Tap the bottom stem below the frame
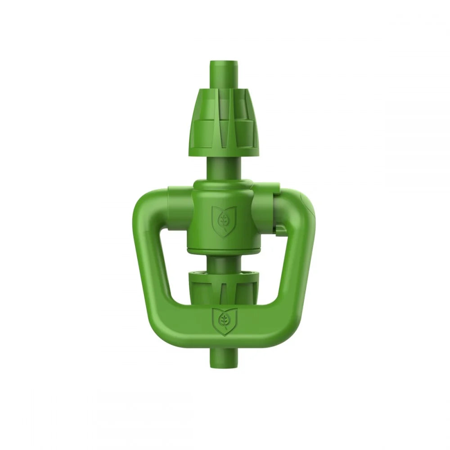click(x=224, y=355)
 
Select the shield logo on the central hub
click(x=224, y=219)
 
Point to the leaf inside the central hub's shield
click(x=224, y=220)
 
